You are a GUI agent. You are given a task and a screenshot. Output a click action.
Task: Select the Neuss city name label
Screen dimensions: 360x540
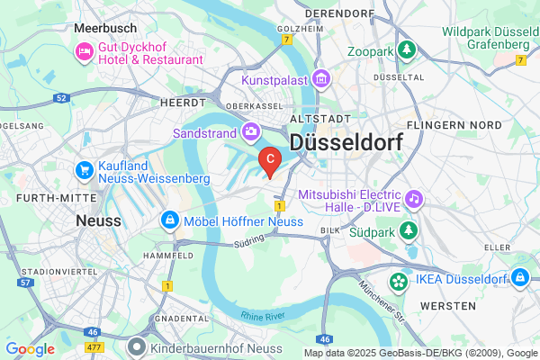pyautogui.click(x=99, y=220)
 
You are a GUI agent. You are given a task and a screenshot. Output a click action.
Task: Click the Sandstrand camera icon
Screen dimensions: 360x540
pyautogui.click(x=251, y=132)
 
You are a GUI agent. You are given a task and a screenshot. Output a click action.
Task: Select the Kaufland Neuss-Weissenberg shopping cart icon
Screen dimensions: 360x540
pyautogui.click(x=85, y=169)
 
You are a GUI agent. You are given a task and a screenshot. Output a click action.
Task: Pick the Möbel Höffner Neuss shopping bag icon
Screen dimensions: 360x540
pyautogui.click(x=168, y=220)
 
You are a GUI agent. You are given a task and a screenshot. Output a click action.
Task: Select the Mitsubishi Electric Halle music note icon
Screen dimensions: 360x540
pyautogui.click(x=413, y=196)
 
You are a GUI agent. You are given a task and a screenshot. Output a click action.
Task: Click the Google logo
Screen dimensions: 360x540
pyautogui.click(x=30, y=349)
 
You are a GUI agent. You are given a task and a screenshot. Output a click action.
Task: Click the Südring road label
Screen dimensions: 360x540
pyautogui.click(x=247, y=240)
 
